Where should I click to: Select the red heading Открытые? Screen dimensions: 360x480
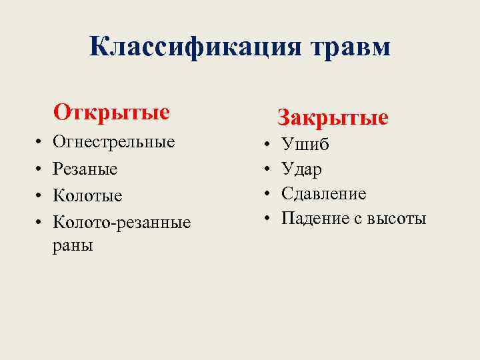coord(111,111)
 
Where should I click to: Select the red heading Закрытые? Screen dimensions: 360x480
coord(333,118)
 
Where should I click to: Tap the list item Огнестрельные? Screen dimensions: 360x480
coord(113,142)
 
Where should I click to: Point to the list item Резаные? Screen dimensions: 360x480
coord(85,169)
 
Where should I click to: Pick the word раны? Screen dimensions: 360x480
coord(73,245)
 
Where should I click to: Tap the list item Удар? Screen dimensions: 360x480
coord(301,169)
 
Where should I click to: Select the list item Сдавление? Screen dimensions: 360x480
coord(323,193)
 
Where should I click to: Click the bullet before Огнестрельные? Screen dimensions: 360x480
coord(39,143)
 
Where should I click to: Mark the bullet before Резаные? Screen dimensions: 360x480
coord(39,169)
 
